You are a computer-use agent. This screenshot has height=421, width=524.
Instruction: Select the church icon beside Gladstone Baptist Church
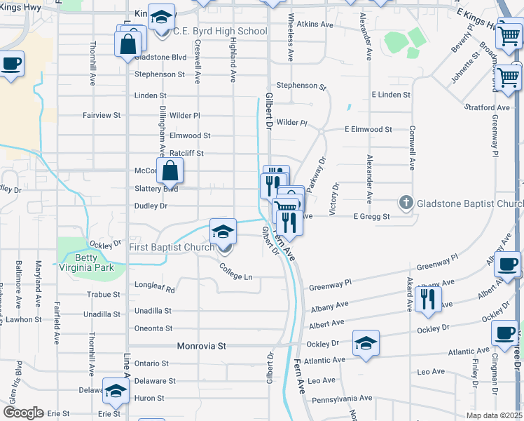(406, 203)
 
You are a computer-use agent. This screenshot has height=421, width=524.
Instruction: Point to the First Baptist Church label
(172, 247)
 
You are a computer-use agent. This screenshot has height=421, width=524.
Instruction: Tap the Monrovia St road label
(202, 346)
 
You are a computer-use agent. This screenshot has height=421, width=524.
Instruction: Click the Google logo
(22, 413)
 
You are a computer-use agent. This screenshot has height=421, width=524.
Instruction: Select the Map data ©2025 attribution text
(495, 415)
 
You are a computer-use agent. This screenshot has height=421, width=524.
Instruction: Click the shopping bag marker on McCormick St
(170, 171)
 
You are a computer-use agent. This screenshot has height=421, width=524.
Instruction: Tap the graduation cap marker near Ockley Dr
(366, 343)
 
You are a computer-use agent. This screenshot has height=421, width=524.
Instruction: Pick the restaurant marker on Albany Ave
(427, 299)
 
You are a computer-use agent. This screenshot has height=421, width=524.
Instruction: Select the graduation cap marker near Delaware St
(116, 391)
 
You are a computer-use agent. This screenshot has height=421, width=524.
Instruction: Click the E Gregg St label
(371, 217)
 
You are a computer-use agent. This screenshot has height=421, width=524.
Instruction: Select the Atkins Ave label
(315, 24)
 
